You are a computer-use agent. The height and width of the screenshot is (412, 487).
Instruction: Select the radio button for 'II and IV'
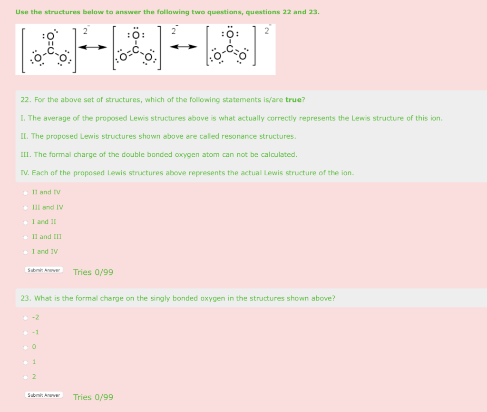pyautogui.click(x=25, y=193)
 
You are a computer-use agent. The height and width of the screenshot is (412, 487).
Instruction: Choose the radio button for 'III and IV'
pyautogui.click(x=25, y=208)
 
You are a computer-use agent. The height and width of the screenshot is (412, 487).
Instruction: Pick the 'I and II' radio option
pyautogui.click(x=25, y=222)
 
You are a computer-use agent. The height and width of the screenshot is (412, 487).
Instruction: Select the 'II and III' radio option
pyautogui.click(x=25, y=237)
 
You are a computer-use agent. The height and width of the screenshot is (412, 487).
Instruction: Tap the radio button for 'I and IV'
pyautogui.click(x=25, y=252)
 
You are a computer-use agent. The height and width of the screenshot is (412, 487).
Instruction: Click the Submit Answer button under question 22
pyautogui.click(x=44, y=270)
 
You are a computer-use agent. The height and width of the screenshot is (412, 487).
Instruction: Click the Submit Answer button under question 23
pyautogui.click(x=44, y=395)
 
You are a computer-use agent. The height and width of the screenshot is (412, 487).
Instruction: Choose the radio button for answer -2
pyautogui.click(x=25, y=318)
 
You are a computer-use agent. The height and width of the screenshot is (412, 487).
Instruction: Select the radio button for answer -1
pyautogui.click(x=25, y=332)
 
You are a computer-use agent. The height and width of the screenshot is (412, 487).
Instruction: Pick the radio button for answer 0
pyautogui.click(x=25, y=347)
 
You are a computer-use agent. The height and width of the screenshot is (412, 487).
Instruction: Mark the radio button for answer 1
pyautogui.click(x=25, y=362)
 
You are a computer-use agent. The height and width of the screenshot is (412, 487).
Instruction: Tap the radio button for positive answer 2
pyautogui.click(x=25, y=377)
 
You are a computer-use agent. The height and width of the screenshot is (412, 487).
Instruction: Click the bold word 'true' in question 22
pyautogui.click(x=293, y=100)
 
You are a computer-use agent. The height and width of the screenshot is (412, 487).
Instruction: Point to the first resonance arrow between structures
pyautogui.click(x=91, y=47)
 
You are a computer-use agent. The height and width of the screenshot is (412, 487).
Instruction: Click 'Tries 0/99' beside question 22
pyautogui.click(x=93, y=272)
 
